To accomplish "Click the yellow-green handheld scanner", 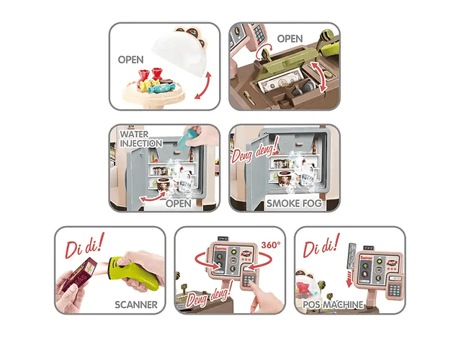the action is click(135, 272).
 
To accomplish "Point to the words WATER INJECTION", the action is click(141, 139).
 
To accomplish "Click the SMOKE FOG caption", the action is click(294, 203).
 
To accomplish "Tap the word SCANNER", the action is click(136, 305).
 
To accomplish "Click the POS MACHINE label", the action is click(333, 305).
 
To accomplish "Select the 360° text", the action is click(271, 245).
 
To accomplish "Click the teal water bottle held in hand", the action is click(190, 137).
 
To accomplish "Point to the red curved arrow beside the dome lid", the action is click(203, 86).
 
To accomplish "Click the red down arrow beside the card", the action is click(349, 279).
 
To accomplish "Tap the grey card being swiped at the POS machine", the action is click(351, 256).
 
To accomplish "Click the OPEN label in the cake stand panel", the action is click(130, 60).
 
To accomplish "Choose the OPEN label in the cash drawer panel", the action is click(290, 38).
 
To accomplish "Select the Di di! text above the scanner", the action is click(84, 245).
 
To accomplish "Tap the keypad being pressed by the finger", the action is click(249, 280).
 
